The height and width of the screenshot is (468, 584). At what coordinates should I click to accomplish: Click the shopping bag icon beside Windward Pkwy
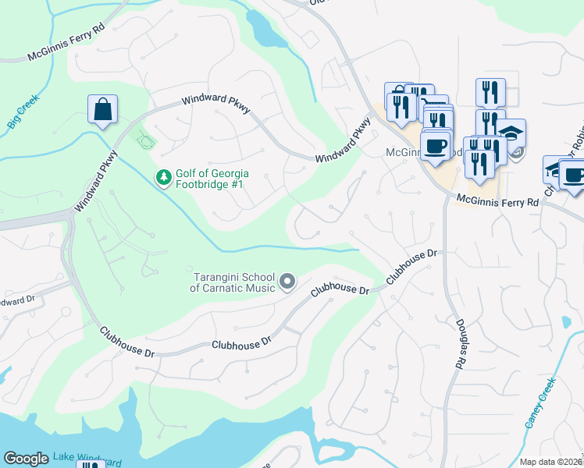pyautogui.click(x=103, y=111)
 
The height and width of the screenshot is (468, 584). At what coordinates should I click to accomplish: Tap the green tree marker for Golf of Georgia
pyautogui.click(x=163, y=178)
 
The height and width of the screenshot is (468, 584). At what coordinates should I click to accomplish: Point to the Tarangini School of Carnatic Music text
pyautogui.click(x=233, y=282)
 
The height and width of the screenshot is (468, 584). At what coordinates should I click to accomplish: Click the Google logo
pyautogui.click(x=26, y=459)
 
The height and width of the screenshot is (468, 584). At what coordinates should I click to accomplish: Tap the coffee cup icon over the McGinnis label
pyautogui.click(x=435, y=145)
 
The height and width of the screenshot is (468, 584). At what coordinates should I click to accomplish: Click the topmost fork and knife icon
pyautogui.click(x=490, y=92)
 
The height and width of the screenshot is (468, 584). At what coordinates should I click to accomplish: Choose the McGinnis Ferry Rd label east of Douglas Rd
pyautogui.click(x=498, y=201)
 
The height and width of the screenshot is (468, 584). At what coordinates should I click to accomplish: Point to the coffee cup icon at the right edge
pyautogui.click(x=574, y=175)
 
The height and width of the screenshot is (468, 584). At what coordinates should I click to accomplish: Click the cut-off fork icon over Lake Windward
pyautogui.click(x=91, y=465)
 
